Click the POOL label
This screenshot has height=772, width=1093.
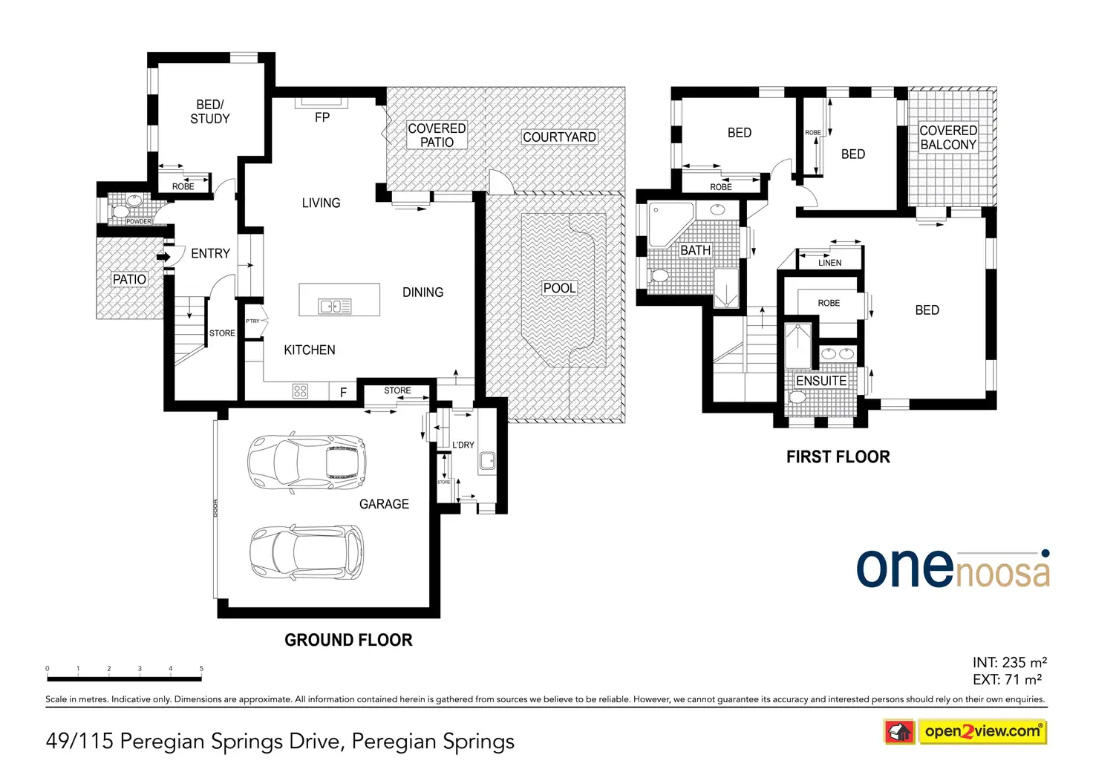coord(559,288)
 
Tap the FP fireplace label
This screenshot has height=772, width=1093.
coord(322,117)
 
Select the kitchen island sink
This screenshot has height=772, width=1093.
coord(334,307)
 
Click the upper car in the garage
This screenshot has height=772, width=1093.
coord(307,462)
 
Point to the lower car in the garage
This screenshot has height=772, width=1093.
coord(307,552)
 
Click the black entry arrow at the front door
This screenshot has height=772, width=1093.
coord(163,257)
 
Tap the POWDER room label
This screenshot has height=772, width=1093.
coord(139,221)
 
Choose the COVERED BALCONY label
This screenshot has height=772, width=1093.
coord(948,137)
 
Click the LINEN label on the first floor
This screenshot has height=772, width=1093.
coord(829,263)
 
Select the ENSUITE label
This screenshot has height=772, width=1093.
coord(821,381)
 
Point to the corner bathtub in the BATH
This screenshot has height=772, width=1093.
coord(671,224)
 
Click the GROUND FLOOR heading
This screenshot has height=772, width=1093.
coord(348,640)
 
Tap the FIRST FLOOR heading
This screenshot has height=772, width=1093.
coord(838,457)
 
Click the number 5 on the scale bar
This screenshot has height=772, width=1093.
coord(201,668)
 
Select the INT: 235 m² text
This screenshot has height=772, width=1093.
coord(1010,662)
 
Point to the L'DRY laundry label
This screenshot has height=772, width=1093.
coord(463,445)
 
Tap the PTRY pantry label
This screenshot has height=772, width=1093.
coord(252,321)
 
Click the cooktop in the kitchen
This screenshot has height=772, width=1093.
coord(300,391)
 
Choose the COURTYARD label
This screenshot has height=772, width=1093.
coord(559,137)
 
